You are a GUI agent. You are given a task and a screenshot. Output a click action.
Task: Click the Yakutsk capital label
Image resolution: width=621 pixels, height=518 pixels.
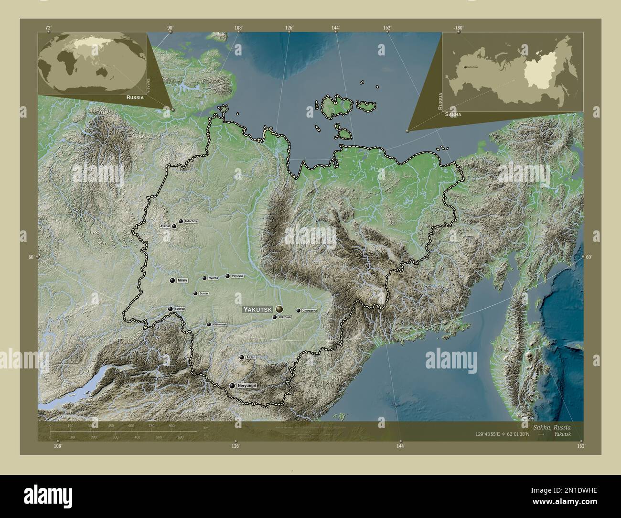click(x=258, y=310)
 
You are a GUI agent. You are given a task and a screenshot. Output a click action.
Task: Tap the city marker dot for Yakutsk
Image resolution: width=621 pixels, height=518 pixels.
click(x=279, y=310)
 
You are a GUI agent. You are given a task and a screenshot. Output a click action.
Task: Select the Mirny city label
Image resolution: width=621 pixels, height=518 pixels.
click(x=182, y=281)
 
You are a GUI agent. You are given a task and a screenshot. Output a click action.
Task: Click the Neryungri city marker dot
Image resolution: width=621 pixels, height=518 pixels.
click(x=232, y=386)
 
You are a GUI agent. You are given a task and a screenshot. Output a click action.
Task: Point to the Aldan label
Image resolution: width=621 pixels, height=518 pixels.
click(x=251, y=357)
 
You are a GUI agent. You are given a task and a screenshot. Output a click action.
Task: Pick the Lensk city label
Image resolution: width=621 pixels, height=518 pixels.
click(x=180, y=309)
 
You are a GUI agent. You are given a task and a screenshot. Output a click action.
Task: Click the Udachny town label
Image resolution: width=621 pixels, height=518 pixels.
click(x=191, y=222)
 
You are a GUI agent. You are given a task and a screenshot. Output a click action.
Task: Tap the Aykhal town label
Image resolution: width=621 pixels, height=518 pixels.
click(x=165, y=226)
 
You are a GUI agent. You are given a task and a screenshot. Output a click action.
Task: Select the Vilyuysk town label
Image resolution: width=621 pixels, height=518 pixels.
click(x=237, y=276)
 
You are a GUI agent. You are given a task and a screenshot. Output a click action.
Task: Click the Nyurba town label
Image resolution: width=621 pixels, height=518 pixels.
click(x=214, y=278)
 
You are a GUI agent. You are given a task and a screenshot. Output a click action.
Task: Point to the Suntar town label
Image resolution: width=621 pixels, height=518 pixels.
click(x=204, y=293)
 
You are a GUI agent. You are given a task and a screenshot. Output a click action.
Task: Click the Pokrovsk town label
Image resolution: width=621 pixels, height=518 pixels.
click(x=285, y=317)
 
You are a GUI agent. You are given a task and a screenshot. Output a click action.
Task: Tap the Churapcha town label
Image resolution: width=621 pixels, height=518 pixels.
click(x=310, y=311)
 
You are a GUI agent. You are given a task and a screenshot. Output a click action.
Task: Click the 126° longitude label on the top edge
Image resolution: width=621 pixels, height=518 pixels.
click(x=289, y=28)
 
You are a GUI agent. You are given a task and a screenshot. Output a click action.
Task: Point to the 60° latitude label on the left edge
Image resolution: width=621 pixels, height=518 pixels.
click(x=31, y=257)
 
